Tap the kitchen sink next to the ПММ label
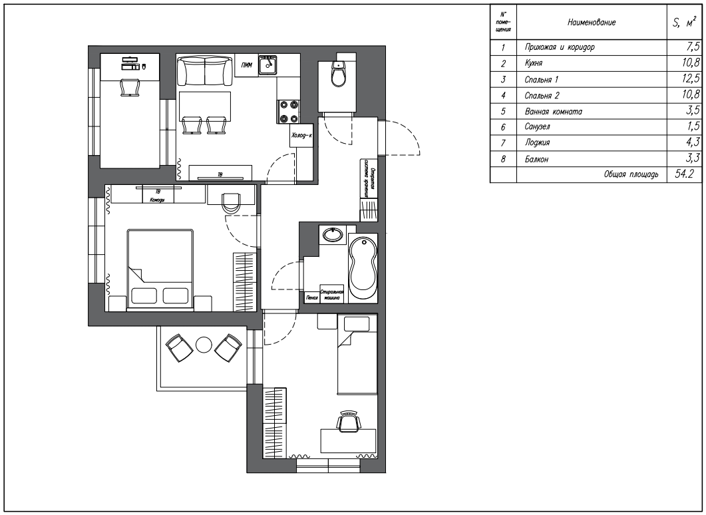(x=268, y=65)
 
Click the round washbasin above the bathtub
(x=332, y=235)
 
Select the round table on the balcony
(x=203, y=345)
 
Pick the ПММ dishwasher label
(x=247, y=65)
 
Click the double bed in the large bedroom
(x=160, y=269)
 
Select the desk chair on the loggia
(x=130, y=87)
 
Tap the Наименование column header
(x=591, y=23)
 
